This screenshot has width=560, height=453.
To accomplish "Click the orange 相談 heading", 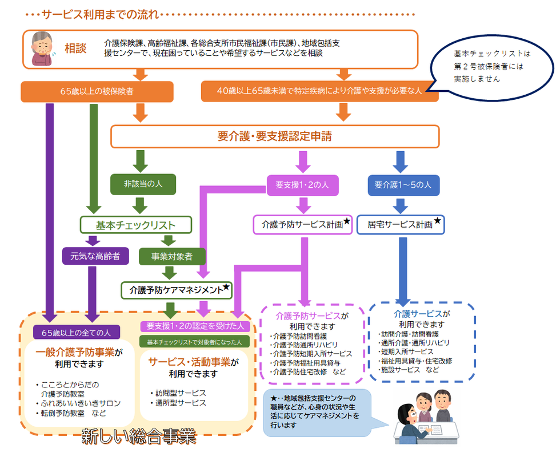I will click(x=75, y=48).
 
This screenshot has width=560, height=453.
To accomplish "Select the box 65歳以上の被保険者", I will click(x=97, y=91).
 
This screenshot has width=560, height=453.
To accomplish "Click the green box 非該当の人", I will click(x=143, y=184).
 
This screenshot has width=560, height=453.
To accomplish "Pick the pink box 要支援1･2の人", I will click(x=302, y=185).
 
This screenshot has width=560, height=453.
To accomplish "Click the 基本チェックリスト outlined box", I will click(x=135, y=225).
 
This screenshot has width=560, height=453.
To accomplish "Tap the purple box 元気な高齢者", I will click(x=95, y=256).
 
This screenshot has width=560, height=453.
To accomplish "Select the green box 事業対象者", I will click(x=172, y=256).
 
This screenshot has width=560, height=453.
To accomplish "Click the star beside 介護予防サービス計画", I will click(x=347, y=221).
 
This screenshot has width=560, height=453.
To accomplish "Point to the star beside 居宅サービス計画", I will click(x=438, y=221).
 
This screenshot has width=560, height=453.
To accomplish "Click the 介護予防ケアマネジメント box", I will click(x=177, y=289).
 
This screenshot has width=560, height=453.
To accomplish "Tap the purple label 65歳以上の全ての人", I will click(x=77, y=331).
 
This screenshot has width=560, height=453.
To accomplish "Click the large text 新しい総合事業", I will click(x=138, y=437).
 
